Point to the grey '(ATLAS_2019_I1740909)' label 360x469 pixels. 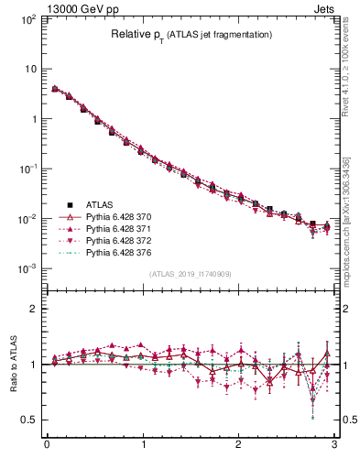tap(191, 274)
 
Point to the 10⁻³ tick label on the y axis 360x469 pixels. tap(28, 269)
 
